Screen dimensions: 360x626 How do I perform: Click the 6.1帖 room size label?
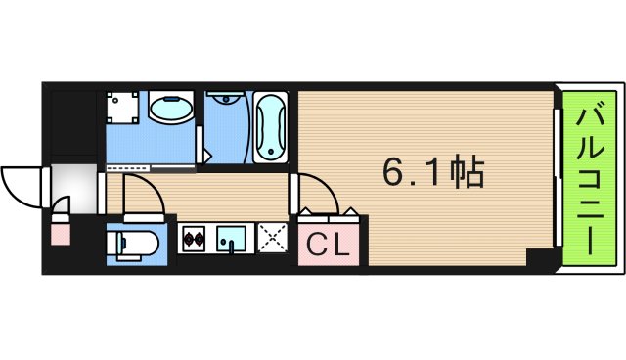click(x=431, y=173)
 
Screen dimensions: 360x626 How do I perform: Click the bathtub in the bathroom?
click(x=271, y=127)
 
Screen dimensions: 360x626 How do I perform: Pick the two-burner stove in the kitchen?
click(x=193, y=239)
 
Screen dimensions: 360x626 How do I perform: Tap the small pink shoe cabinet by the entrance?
click(x=60, y=233)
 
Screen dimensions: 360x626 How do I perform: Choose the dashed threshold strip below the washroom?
click(x=152, y=169)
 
